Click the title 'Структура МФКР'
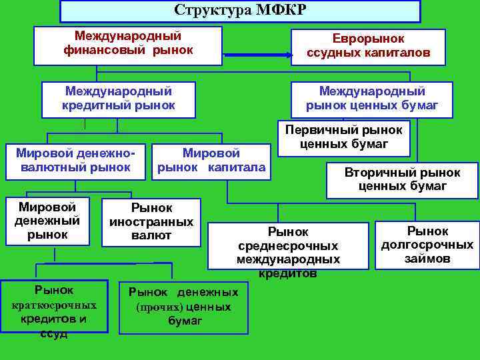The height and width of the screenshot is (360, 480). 240,10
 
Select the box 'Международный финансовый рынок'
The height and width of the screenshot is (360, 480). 127,44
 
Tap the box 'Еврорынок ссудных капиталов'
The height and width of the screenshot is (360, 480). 368,46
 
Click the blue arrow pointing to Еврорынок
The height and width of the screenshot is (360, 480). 257,55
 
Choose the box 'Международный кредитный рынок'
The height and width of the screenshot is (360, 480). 119,98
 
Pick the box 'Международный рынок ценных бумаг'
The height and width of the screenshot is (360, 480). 371,98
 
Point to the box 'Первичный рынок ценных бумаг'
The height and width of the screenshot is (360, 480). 343,136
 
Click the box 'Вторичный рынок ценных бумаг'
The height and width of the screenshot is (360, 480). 402,179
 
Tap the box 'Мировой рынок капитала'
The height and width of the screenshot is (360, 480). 211,161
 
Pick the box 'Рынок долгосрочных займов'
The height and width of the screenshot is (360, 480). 427,245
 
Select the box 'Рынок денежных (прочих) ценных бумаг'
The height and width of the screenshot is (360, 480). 183,307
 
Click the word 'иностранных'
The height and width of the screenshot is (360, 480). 151,222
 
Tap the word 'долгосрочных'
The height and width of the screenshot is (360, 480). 427,245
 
